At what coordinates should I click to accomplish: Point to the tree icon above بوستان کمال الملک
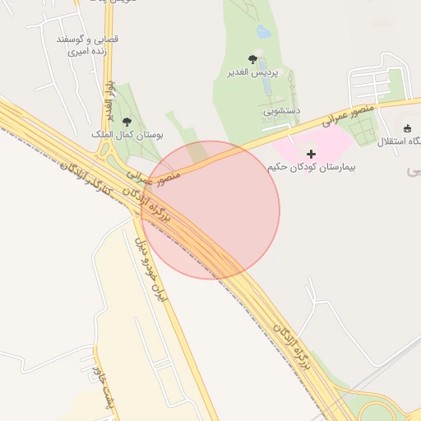tap(125, 121)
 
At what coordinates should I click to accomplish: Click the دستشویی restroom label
tap(282, 109)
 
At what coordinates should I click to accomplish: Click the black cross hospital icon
tap(311, 154)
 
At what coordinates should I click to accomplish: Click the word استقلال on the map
tap(397, 142)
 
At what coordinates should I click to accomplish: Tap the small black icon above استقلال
tap(407, 127)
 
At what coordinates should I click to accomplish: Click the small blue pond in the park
tap(263, 32)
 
